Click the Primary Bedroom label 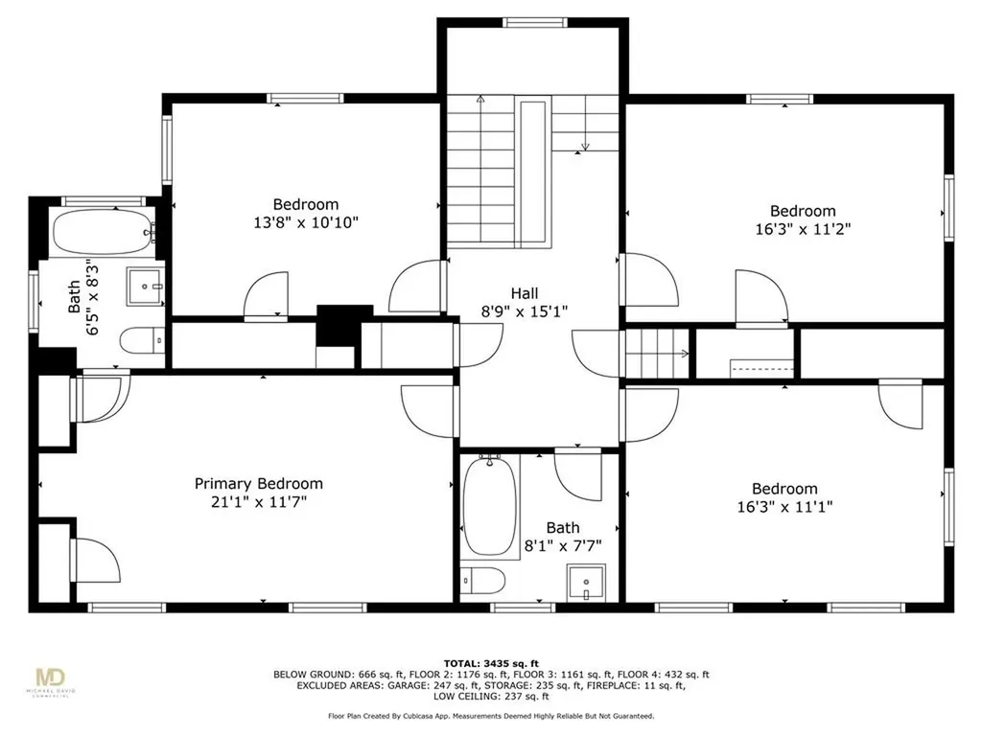click(259, 484)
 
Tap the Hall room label click(525, 293)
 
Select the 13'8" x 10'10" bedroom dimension click(306, 222)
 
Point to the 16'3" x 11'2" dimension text click(803, 229)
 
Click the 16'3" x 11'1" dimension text click(784, 506)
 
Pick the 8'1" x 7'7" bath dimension click(562, 545)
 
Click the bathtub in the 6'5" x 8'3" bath click(104, 232)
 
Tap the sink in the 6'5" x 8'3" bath click(146, 286)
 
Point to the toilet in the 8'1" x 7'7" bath click(483, 582)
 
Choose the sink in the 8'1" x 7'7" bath click(586, 583)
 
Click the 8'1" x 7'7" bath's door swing click(577, 474)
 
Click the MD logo click(50, 678)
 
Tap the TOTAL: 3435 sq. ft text click(491, 663)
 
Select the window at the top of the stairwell click(535, 23)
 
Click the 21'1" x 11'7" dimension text click(259, 501)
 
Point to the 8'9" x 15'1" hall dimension click(525, 311)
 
